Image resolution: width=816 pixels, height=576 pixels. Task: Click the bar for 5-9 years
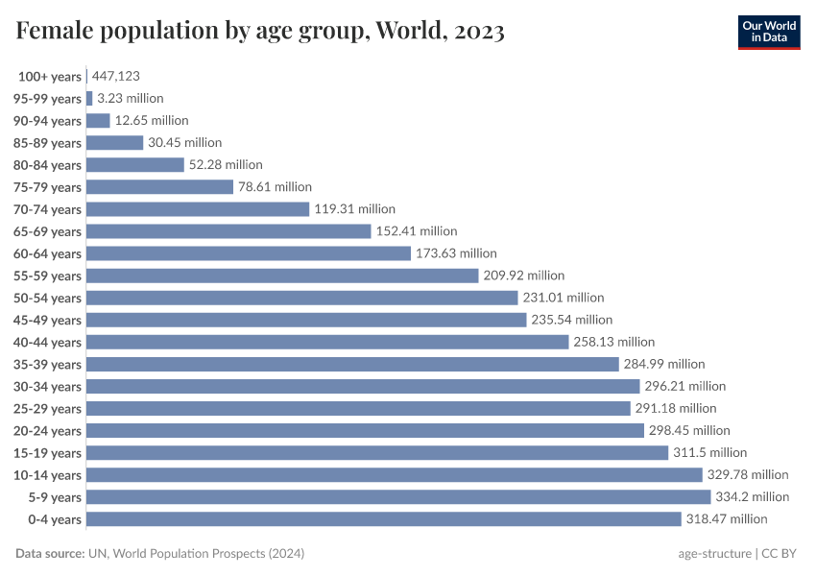398,496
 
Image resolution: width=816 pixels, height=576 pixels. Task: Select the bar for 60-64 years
249,253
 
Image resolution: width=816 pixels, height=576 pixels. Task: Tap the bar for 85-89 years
114,143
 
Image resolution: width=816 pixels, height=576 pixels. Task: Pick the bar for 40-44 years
327,342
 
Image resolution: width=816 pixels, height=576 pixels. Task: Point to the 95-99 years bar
89,98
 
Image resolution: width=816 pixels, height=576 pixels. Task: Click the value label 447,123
117,76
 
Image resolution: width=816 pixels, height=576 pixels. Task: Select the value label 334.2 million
752,496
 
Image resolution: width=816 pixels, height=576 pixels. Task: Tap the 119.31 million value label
354,209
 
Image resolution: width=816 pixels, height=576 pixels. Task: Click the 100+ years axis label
50,76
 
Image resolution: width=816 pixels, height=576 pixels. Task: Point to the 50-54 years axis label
48,298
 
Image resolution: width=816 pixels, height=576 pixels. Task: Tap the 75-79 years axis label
48,187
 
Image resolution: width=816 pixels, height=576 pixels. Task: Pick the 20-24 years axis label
48,430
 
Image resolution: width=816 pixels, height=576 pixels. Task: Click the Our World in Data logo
768,31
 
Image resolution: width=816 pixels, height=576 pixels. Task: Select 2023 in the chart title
473,31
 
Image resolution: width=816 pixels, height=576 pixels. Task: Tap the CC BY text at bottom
780,554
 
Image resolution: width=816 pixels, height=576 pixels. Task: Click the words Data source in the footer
49,554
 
